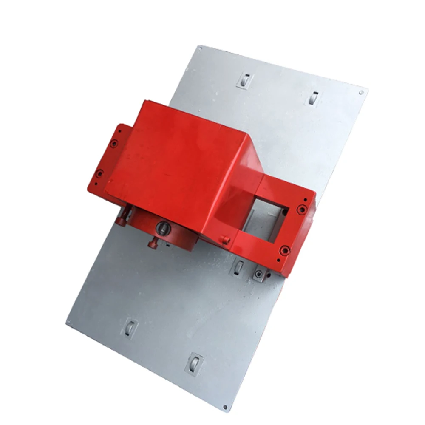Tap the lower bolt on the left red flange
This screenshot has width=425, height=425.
pyautogui.click(x=99, y=173)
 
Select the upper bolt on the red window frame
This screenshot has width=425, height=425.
pyautogui.click(x=301, y=209)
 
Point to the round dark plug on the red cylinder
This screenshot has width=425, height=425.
pyautogui.click(x=162, y=227)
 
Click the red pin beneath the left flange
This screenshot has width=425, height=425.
pyautogui.click(x=122, y=221)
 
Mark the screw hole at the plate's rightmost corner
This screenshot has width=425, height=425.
pyautogui.click(x=361, y=92)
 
